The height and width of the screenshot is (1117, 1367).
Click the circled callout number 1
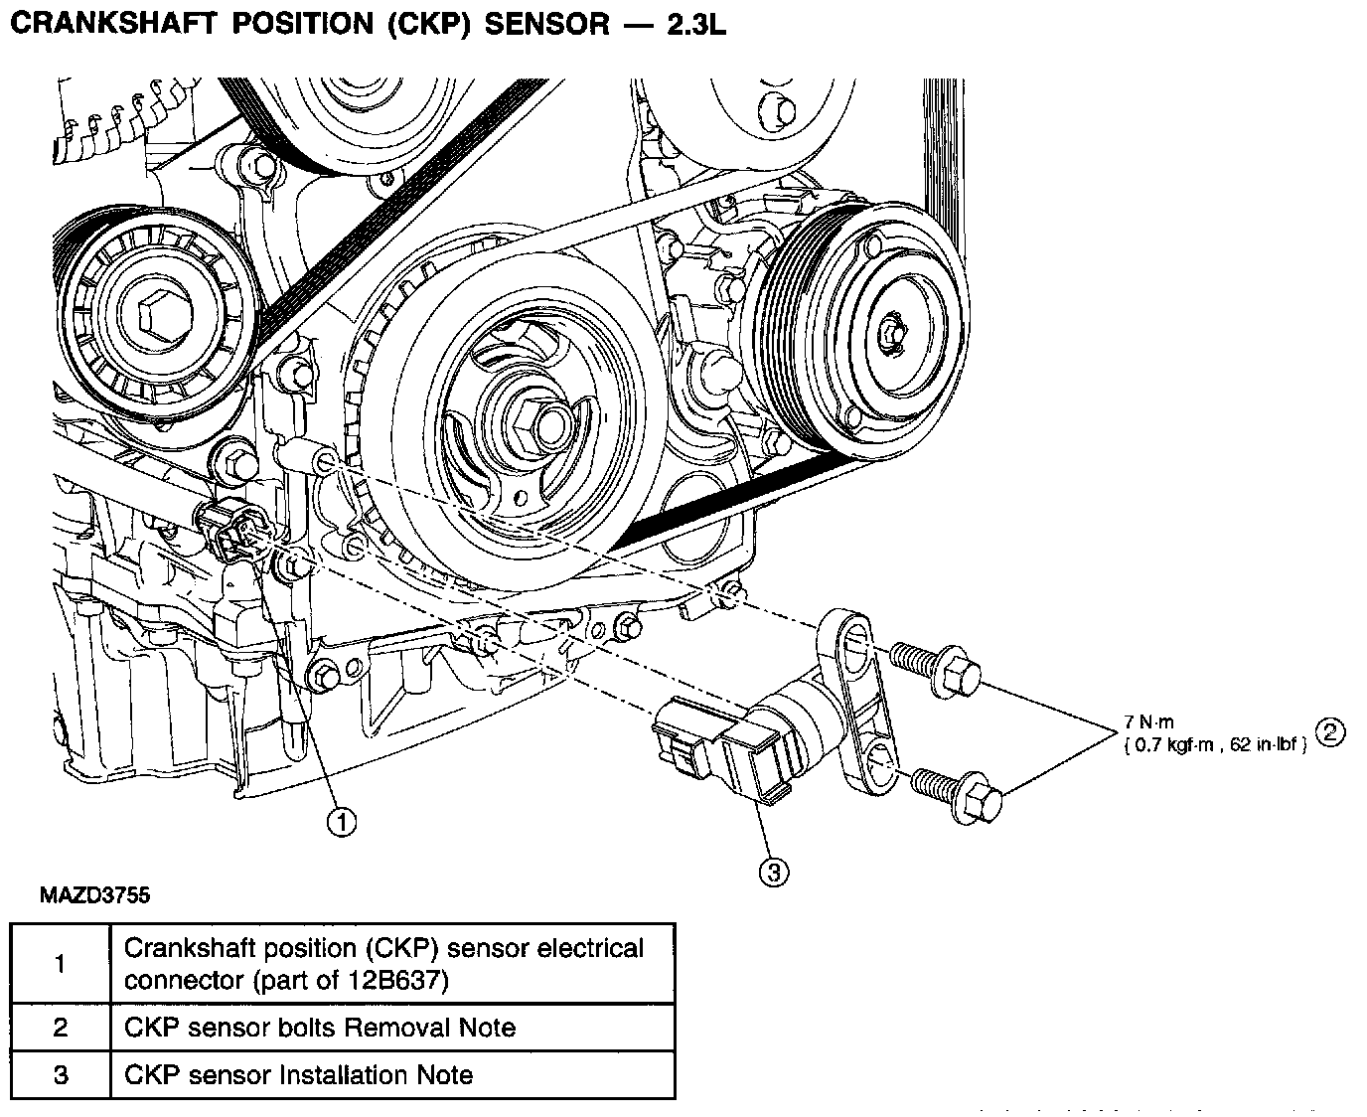pyautogui.click(x=342, y=823)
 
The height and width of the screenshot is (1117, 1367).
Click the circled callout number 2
pyautogui.click(x=1330, y=732)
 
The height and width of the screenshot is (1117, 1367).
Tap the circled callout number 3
pyautogui.click(x=774, y=873)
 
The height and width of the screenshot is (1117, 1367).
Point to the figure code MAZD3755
pyautogui.click(x=94, y=895)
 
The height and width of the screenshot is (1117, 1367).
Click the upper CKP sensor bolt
pyautogui.click(x=935, y=669)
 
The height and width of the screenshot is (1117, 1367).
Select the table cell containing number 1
pyautogui.click(x=61, y=963)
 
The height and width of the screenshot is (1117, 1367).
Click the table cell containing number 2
pyautogui.click(x=61, y=1028)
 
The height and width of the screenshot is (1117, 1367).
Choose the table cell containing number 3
pyautogui.click(x=61, y=1075)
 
